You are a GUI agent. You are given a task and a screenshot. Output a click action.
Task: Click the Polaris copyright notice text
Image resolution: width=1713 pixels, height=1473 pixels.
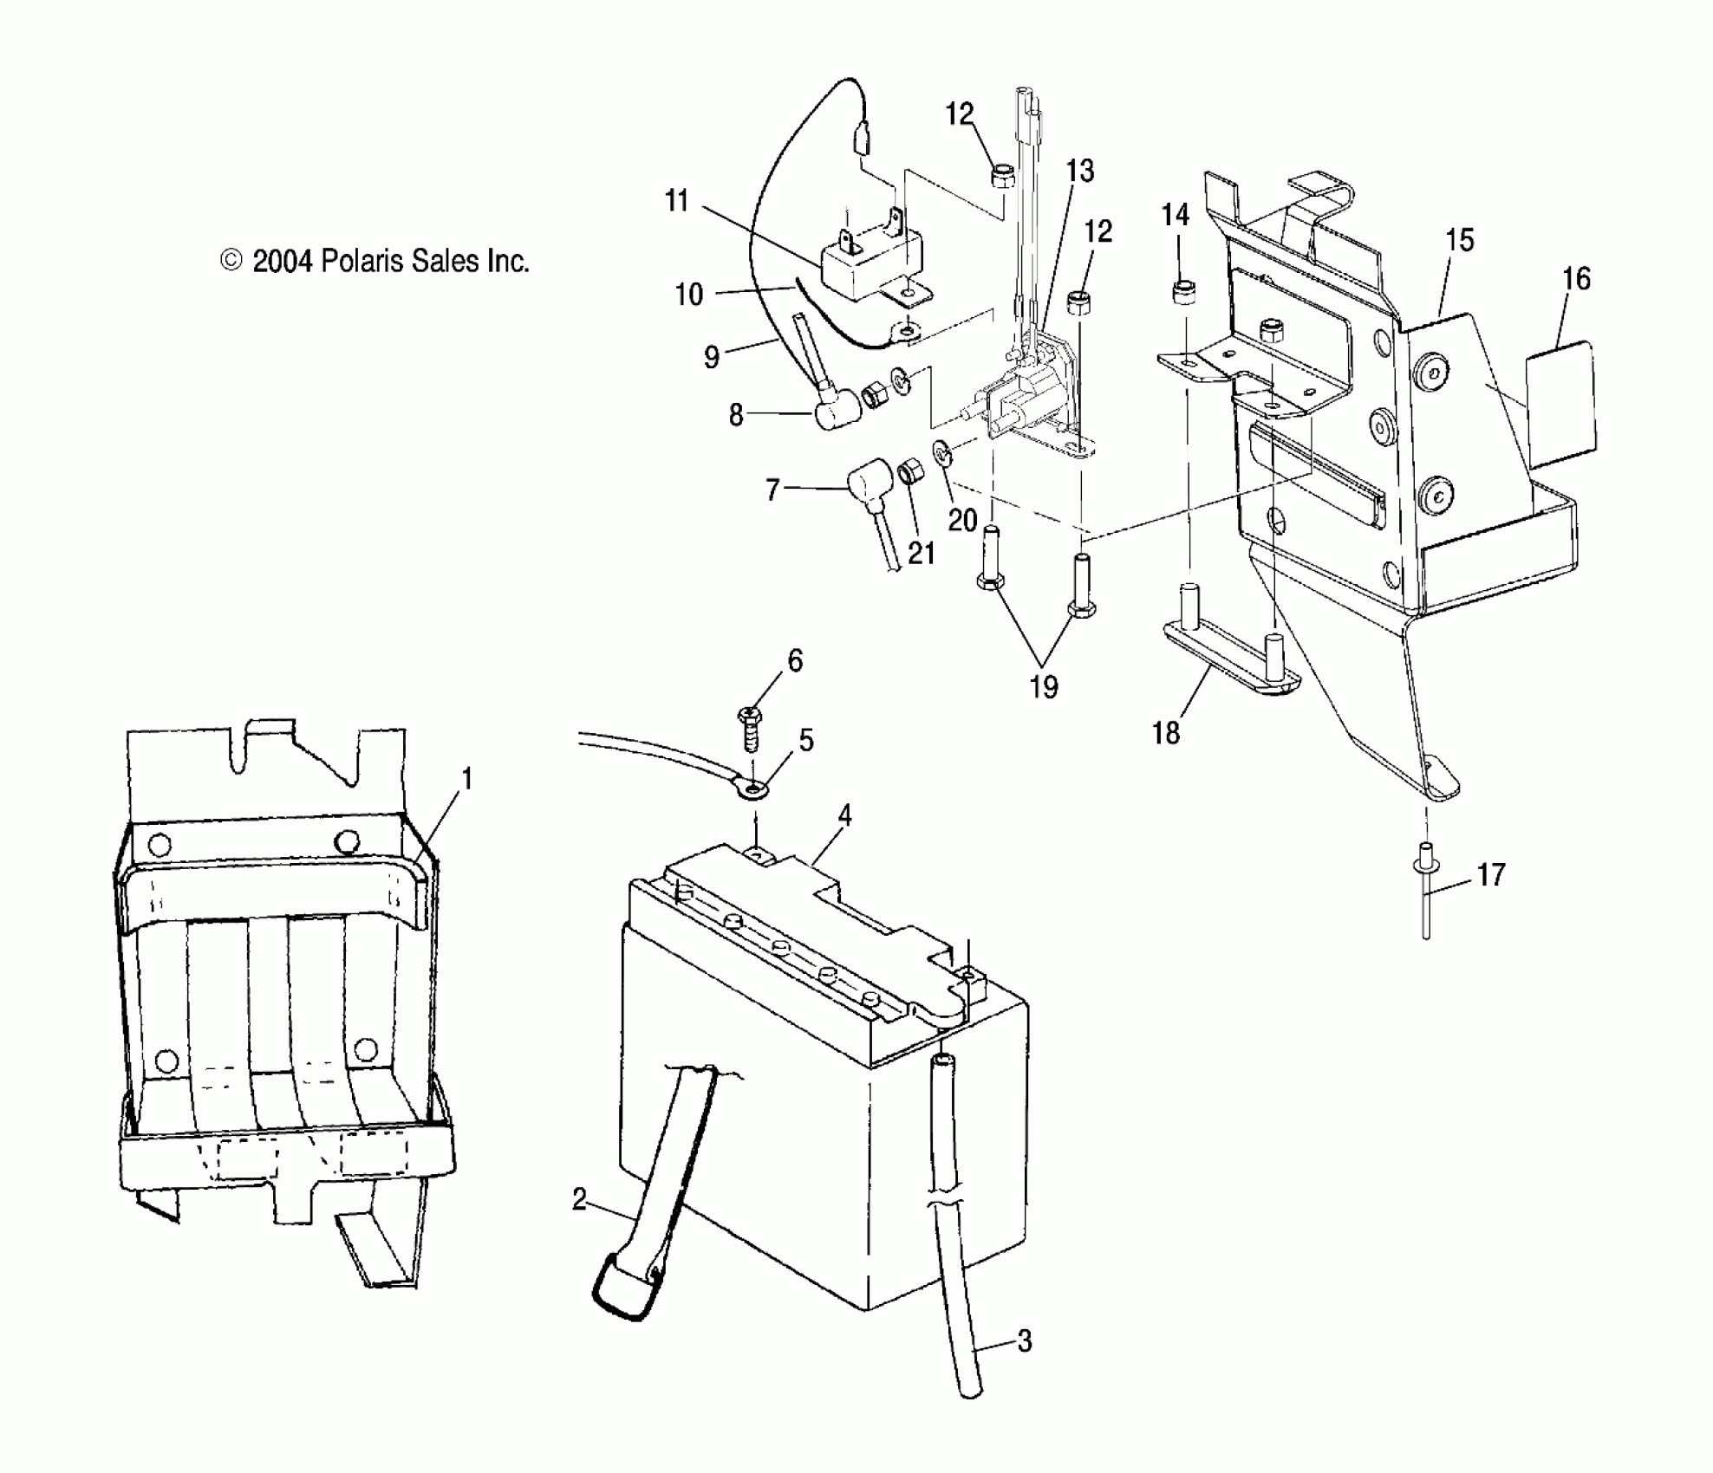coord(375,261)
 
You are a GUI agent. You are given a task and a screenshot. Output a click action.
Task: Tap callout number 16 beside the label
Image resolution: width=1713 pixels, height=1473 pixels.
coord(1576,279)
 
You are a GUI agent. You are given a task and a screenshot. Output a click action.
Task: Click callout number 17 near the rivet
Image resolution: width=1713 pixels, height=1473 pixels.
coord(1491,875)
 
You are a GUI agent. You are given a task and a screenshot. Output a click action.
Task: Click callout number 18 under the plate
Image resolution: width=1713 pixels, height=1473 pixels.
coord(1166,733)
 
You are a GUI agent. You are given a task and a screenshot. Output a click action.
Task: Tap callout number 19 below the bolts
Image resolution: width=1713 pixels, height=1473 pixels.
coord(1044,687)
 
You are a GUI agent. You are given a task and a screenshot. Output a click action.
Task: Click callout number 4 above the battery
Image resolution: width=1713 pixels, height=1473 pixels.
coord(843,815)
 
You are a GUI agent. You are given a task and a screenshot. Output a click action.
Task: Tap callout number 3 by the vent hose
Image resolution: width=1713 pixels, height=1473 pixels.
coord(1024,1341)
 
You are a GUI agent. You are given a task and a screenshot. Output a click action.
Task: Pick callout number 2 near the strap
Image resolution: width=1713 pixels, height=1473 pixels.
coord(579,1200)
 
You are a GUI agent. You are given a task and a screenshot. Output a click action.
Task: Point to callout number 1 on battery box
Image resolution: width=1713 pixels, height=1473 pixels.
coord(466,780)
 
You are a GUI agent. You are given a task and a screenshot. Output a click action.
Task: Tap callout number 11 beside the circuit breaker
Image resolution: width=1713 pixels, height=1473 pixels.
coord(676,201)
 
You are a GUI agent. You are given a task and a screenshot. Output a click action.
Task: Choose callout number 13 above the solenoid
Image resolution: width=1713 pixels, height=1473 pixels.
coord(1080,172)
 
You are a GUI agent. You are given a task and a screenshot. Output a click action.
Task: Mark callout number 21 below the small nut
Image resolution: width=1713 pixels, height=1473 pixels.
coord(921,553)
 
